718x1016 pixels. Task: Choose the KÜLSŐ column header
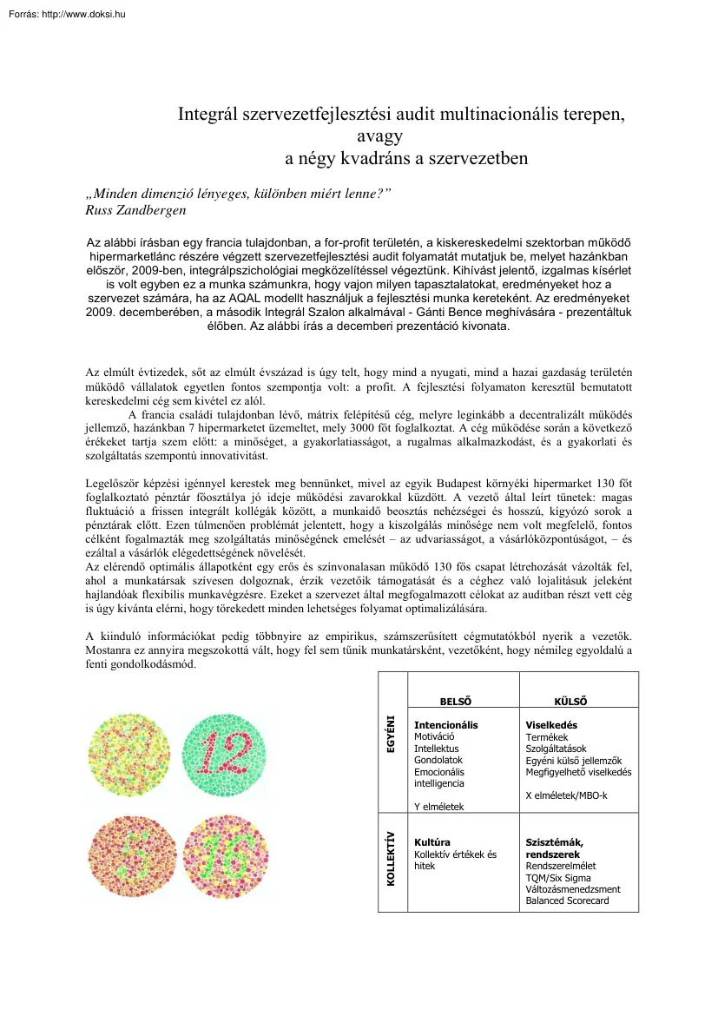570,702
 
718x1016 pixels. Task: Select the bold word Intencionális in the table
445,725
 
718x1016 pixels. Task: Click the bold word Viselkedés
551,725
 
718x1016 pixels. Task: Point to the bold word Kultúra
432,842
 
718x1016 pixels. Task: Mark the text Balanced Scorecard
567,901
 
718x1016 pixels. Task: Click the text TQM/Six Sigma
557,878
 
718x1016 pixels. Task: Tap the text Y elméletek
438,807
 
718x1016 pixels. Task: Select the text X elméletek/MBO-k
566,795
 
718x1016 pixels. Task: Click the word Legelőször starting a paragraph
111,483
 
